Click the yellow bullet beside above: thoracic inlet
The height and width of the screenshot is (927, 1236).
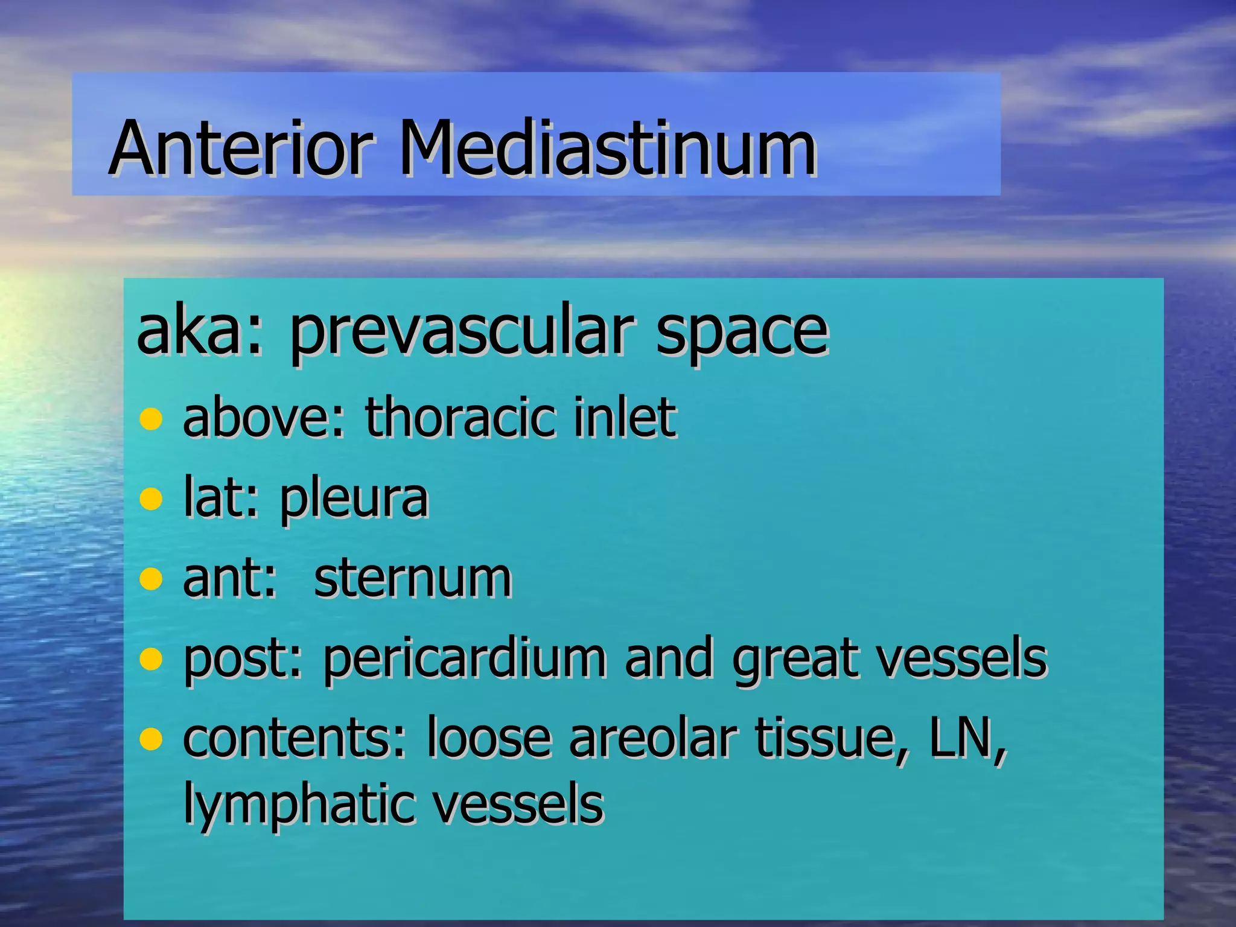point(151,418)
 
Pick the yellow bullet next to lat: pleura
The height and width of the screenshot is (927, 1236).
point(151,499)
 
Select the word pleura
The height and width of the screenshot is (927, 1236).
point(354,500)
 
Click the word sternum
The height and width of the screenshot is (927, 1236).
point(413,578)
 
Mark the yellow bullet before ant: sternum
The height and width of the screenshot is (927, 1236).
point(151,579)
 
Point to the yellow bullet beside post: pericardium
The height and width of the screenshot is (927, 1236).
point(151,659)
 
